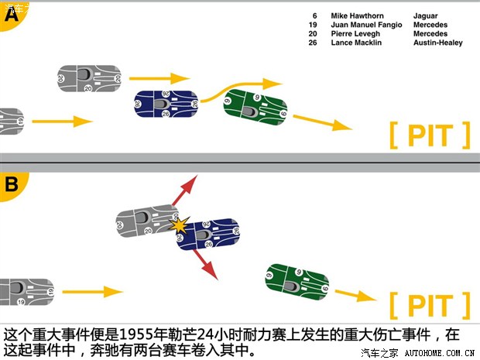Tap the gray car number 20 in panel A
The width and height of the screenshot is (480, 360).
(x=89, y=78)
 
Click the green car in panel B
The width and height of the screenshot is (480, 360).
(x=297, y=282)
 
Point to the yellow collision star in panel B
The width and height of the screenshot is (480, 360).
(x=180, y=226)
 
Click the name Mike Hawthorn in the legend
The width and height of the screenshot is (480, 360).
(x=356, y=15)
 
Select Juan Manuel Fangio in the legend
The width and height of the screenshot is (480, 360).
(x=366, y=25)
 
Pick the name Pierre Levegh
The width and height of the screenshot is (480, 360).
(x=355, y=34)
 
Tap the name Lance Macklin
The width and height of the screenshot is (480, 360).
(x=356, y=43)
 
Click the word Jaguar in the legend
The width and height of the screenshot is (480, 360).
(x=425, y=15)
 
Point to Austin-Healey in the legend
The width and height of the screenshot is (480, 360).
(x=437, y=43)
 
